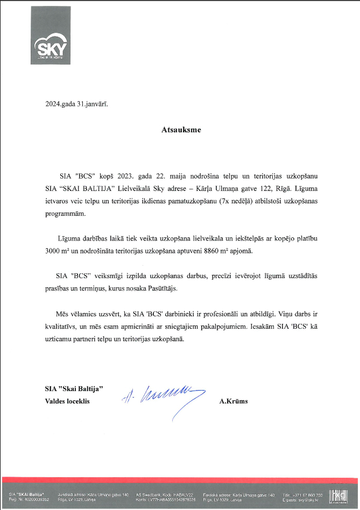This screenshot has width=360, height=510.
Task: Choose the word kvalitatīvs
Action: tap(64, 327)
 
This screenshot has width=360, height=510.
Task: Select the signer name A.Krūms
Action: tap(234, 401)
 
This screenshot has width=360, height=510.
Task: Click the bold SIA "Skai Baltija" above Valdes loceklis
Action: tap(74, 388)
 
